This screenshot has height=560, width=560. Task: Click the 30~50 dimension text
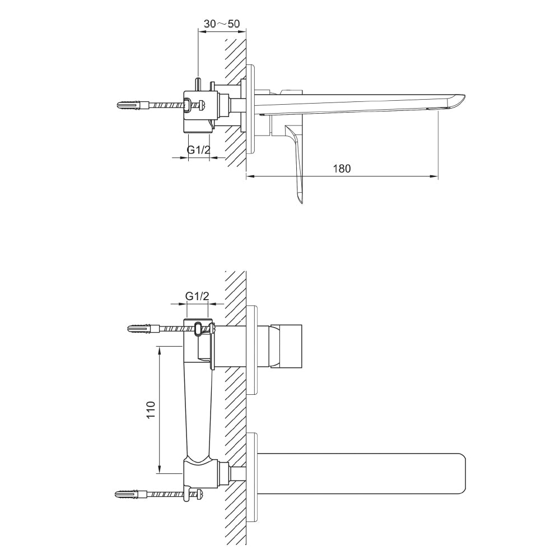222,24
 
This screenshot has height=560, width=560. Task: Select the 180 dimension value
341,169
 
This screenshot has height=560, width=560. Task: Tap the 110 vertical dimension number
150,409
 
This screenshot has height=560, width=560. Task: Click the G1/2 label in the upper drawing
198,150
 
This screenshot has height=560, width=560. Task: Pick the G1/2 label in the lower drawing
197,296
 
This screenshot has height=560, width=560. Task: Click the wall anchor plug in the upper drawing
130,105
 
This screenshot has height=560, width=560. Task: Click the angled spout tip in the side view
456,101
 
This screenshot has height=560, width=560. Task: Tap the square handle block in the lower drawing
286,347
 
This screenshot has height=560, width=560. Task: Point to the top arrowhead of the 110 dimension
160,349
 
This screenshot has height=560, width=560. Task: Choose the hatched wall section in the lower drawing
236,409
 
